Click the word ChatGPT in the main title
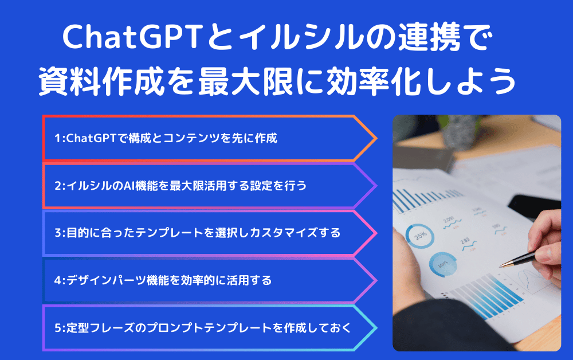132,37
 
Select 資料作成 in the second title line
101,81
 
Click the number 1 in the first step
57,138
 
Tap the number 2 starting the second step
58,186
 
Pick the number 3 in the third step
58,233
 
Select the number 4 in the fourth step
58,280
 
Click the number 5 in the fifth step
58,328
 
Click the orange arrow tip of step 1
376,138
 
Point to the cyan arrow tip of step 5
376,328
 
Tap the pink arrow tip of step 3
376,233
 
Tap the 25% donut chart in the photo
420,236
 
